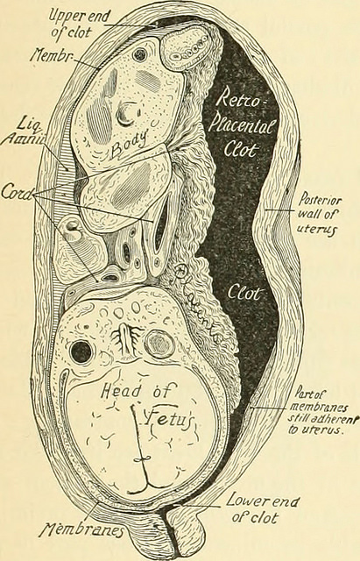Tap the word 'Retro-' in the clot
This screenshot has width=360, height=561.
[x=240, y=99]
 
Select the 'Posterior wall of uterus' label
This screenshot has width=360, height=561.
[x=319, y=214]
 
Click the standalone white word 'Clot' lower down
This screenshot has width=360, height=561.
[x=243, y=294]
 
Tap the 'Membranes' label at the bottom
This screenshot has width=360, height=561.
[x=82, y=529]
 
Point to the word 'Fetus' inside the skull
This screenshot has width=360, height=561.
[x=168, y=417]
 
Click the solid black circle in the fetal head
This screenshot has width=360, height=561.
[x=81, y=352]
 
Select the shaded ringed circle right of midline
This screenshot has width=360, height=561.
[x=159, y=345]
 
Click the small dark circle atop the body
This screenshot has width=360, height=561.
[x=139, y=54]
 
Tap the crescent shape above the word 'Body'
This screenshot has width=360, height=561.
[x=125, y=115]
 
